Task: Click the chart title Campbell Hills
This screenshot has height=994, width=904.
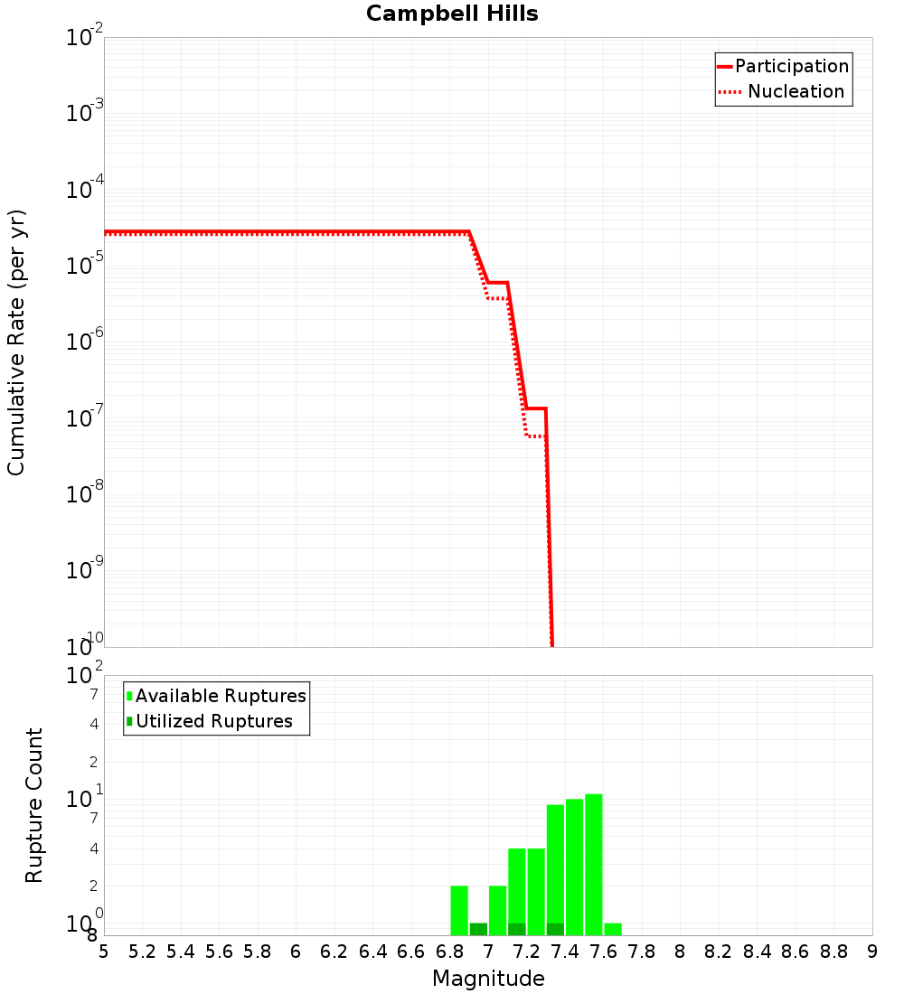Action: pyautogui.click(x=452, y=14)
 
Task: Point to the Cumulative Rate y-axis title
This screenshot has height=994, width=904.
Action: pyautogui.click(x=16, y=342)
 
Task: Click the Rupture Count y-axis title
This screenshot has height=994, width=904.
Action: pyautogui.click(x=34, y=805)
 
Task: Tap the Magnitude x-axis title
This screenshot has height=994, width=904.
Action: pyautogui.click(x=488, y=979)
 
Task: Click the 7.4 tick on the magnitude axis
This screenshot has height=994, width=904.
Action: pyautogui.click(x=565, y=952)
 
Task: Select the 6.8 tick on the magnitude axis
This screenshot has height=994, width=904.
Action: pyautogui.click(x=449, y=952)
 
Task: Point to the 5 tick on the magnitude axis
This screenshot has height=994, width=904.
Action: pyautogui.click(x=104, y=952)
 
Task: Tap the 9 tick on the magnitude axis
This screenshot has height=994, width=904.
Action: pyautogui.click(x=871, y=952)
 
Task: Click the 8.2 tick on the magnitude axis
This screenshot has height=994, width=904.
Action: pyautogui.click(x=719, y=952)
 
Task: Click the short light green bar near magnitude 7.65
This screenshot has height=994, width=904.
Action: pyautogui.click(x=613, y=929)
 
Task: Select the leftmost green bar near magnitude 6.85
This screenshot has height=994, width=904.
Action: pyautogui.click(x=459, y=910)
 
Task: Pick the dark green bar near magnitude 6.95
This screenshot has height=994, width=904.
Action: pyautogui.click(x=478, y=929)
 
